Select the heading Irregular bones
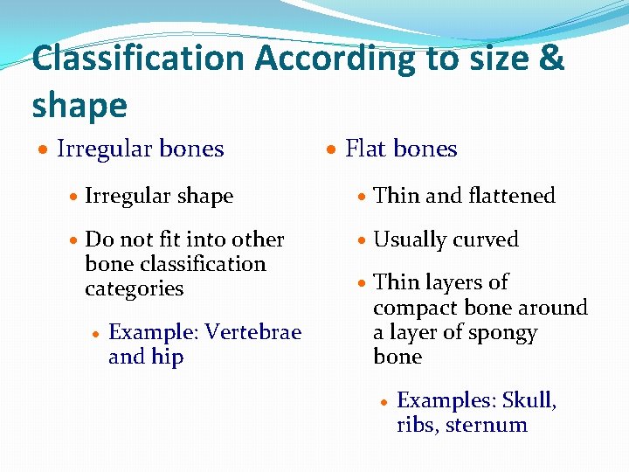pos(140,149)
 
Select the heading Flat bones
pos(401,149)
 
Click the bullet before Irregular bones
pos(43,150)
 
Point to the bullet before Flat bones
pos(332,150)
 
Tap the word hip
pos(167,357)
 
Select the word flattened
pos(509,196)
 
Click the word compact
pos(413,308)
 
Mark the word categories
pos(134,288)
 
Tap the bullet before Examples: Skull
pos(384,401)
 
